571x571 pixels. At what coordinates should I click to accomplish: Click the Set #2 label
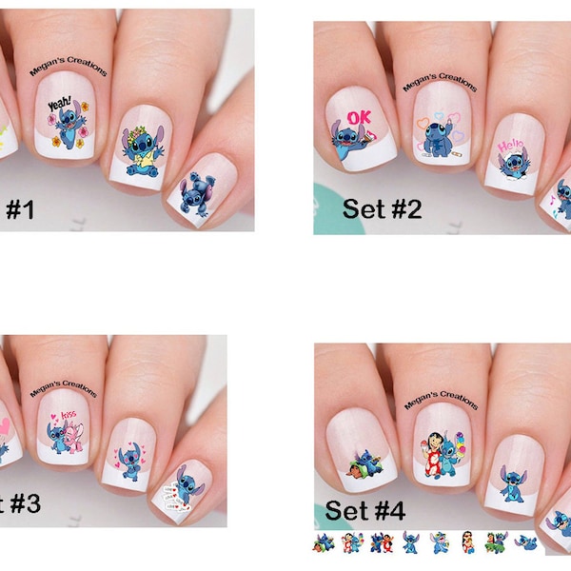click(384, 208)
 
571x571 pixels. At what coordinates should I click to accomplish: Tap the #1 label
click(19, 209)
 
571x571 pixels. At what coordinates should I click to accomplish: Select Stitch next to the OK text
click(345, 139)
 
